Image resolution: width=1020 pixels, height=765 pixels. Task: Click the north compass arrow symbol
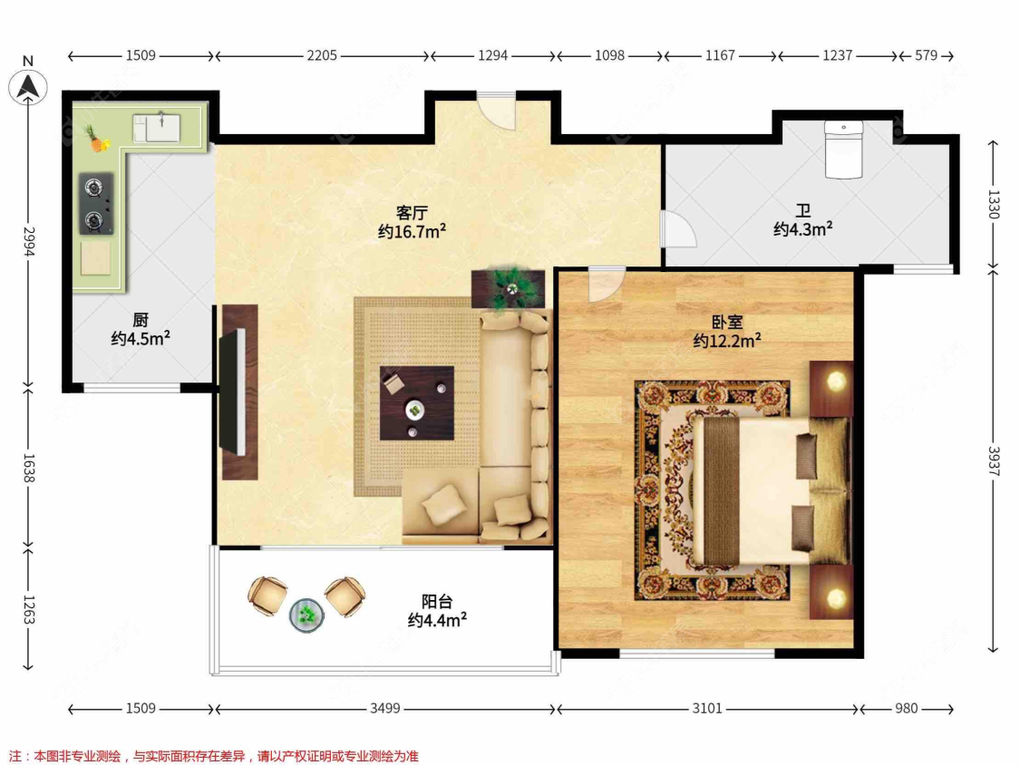(29, 86)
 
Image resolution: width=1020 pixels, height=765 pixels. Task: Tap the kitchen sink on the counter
(162, 126)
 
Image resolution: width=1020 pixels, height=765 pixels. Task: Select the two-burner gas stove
(94, 204)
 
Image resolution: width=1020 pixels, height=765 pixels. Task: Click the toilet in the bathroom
(843, 150)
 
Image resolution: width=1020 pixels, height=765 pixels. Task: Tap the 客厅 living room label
(412, 213)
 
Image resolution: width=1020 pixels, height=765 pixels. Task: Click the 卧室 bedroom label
(726, 322)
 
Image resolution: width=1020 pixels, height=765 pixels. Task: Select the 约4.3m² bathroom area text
(802, 230)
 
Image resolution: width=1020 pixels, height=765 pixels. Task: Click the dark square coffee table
(416, 402)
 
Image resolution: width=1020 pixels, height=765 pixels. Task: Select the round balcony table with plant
(306, 615)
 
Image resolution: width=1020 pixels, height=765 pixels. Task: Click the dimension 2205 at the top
(321, 55)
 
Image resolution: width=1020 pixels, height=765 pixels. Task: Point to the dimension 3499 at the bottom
(385, 709)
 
